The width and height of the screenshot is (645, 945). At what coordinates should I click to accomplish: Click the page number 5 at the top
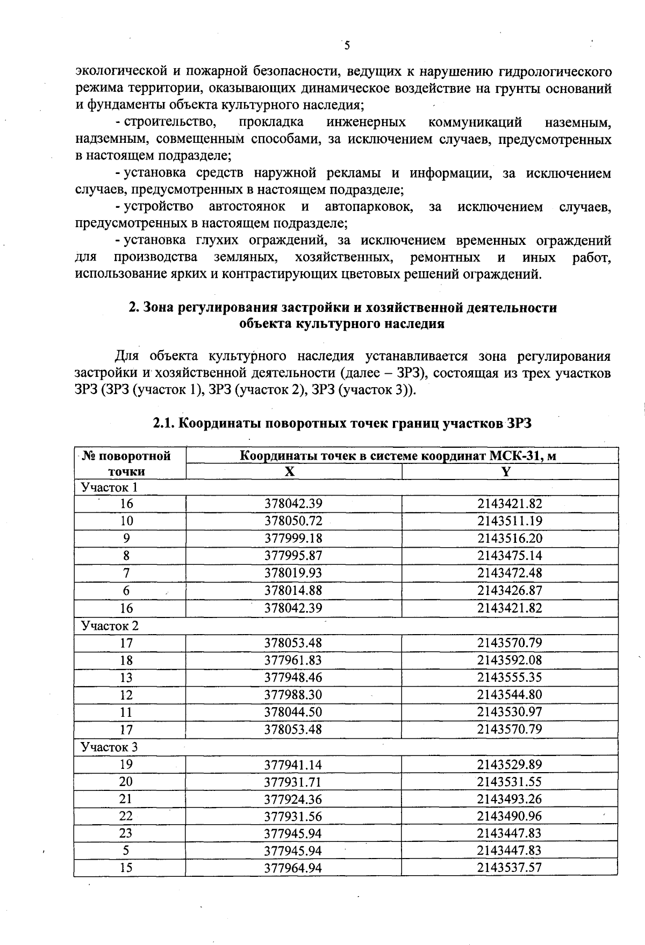coord(347,46)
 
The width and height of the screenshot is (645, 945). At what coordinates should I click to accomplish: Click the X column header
coord(290,471)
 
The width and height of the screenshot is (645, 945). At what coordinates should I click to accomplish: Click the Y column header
coord(506,471)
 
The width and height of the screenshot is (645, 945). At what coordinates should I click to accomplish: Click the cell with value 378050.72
coord(293,521)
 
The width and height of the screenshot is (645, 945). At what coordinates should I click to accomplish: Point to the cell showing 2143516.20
coord(510,539)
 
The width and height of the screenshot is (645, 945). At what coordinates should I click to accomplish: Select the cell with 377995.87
coord(293,556)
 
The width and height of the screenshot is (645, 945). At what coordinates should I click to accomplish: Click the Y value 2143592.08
coord(510,660)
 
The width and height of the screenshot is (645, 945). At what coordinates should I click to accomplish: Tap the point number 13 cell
coord(126,678)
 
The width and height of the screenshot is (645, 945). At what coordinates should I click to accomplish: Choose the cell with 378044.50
coord(293,712)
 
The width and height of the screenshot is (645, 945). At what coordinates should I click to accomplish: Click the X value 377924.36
coord(293,799)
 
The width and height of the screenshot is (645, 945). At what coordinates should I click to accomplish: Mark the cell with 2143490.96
coord(510,816)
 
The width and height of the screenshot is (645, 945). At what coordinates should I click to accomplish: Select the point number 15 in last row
coord(126,868)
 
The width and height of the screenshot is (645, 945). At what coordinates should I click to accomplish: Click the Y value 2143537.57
coord(510,868)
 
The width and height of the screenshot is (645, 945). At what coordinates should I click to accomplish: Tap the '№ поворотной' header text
coord(127,456)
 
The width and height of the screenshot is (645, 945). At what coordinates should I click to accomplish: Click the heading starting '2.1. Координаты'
coord(342,424)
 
